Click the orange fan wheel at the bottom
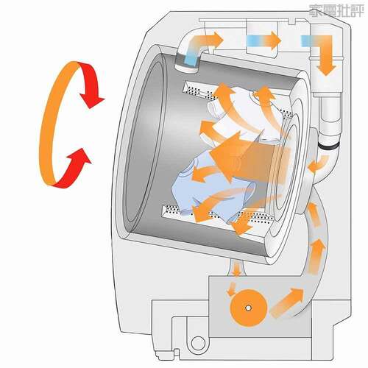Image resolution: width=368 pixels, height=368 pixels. (248, 308)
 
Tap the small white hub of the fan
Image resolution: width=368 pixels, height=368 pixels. (248, 308)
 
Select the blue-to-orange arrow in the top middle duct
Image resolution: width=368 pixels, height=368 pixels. (263, 40)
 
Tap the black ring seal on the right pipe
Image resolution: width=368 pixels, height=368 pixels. (328, 146)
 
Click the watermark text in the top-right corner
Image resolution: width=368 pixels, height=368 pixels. (336, 10)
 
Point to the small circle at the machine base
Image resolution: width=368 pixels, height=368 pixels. (198, 343)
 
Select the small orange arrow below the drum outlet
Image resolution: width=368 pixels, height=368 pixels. (237, 268)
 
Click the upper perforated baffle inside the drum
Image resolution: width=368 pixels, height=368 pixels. (200, 91)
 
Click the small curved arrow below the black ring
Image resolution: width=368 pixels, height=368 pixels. (319, 164)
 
